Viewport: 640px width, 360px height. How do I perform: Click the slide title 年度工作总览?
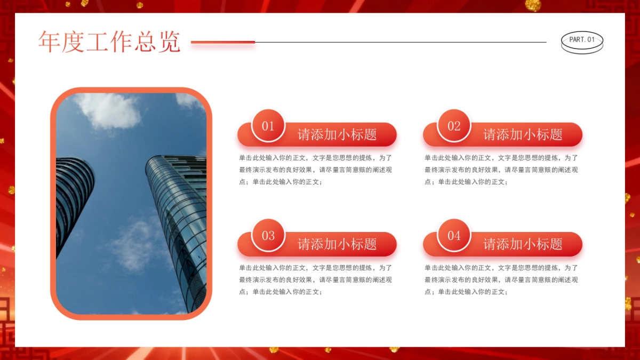click(x=109, y=42)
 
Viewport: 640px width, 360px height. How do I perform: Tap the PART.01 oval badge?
click(x=582, y=41)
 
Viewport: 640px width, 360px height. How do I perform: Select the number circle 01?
click(x=268, y=126)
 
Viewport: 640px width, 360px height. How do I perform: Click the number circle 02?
click(x=454, y=126)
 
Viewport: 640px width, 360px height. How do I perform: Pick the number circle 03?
click(x=268, y=236)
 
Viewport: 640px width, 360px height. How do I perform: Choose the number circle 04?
click(x=454, y=236)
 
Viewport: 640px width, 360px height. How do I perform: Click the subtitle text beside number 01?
click(x=337, y=134)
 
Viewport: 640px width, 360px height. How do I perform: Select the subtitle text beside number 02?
click(x=523, y=134)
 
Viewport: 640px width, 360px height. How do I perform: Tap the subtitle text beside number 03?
click(x=337, y=244)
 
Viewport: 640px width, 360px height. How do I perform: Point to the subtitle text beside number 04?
click(x=523, y=244)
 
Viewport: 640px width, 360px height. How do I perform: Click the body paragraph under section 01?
click(x=316, y=170)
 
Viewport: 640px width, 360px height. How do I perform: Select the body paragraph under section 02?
click(x=501, y=170)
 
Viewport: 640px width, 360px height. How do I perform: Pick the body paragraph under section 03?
click(x=316, y=279)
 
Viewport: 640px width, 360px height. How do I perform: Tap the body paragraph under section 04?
click(x=501, y=279)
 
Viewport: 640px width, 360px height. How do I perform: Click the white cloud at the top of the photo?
click(x=109, y=110)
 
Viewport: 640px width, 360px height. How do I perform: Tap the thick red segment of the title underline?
click(x=223, y=42)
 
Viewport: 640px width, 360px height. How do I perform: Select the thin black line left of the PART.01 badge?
click(x=400, y=42)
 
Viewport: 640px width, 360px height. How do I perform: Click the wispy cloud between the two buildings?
click(x=133, y=243)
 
